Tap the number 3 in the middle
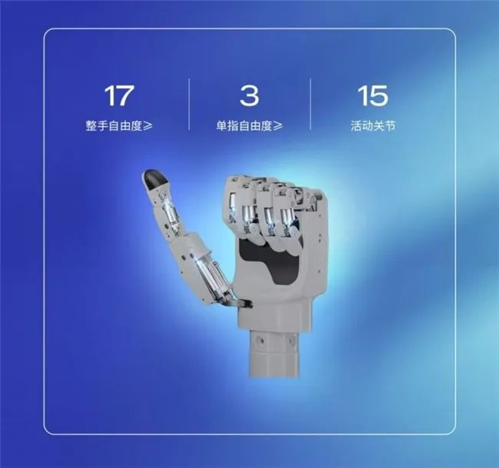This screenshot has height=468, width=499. [249, 95]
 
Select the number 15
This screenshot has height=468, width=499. [372, 95]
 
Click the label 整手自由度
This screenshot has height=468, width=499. [114, 126]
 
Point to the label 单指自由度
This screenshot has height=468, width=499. [244, 126]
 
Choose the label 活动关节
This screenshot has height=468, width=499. [373, 125]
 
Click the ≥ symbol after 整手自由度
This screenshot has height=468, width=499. [147, 126]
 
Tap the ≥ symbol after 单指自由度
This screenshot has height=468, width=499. [278, 126]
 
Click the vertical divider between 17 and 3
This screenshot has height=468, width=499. [189, 105]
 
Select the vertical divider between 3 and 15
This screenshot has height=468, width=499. [311, 105]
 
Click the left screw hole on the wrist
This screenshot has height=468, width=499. [261, 341]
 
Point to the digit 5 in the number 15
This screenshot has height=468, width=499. [378, 95]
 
